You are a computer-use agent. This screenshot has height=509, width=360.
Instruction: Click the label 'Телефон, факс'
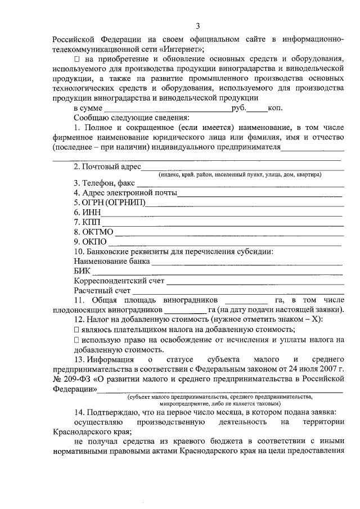tap(105, 183)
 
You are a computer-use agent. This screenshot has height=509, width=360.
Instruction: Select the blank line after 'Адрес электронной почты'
tap(259, 193)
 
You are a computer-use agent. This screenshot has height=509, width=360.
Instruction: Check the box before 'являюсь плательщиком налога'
tap(76, 330)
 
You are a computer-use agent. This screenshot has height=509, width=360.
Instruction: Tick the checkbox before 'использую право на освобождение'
tap(76, 340)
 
